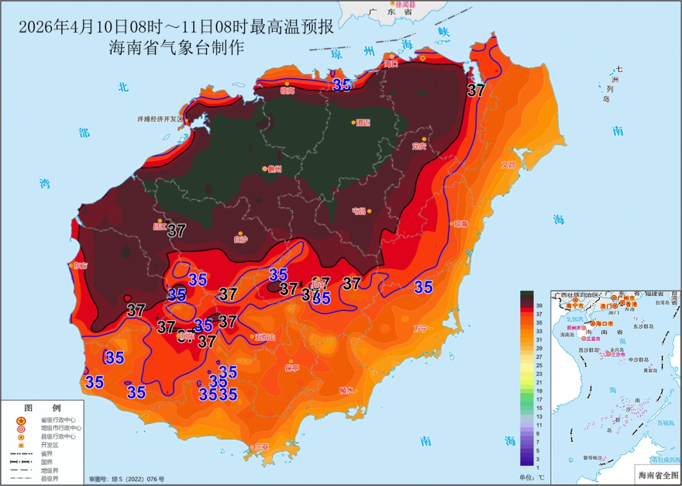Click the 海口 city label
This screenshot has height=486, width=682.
pos(392,64)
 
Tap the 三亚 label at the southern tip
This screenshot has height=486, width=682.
pos(261,447)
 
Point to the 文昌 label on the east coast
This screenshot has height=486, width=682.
pos(508,165)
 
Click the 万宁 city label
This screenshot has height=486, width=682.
pos(421,328)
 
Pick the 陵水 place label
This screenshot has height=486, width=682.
pos(347,390)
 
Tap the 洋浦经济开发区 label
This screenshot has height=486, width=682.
pos(159,119)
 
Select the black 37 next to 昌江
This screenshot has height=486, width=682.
pos(176,231)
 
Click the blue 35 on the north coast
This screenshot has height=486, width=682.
pos(342,85)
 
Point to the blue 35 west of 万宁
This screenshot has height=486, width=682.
pos(423,287)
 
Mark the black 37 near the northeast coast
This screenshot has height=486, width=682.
pos(476,90)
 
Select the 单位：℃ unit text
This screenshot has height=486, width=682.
pos(532,477)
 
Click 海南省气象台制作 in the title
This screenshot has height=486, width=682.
pos(176,48)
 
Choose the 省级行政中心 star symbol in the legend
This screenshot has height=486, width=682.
pos(21,420)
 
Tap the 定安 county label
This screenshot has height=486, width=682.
pos(419,146)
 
